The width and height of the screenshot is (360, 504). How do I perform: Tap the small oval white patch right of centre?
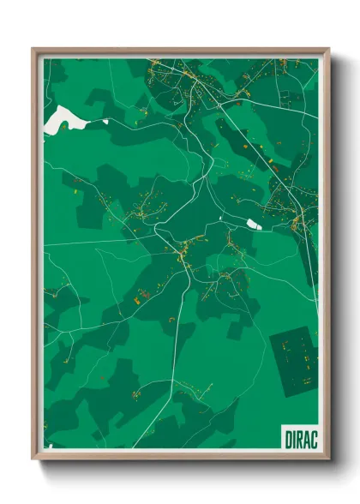tap(255, 224)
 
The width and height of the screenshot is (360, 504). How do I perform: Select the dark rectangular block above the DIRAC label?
tap(293, 360)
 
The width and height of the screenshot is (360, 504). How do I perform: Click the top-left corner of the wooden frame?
tap(33, 49)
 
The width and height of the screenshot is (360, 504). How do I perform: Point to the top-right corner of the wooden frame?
tap(328, 49)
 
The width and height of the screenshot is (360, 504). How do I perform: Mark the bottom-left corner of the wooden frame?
tap(33, 458)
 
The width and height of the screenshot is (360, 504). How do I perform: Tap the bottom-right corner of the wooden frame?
tap(328, 458)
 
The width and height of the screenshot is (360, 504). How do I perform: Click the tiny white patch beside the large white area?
tap(105, 122)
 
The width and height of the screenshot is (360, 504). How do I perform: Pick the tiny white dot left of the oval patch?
tap(221, 220)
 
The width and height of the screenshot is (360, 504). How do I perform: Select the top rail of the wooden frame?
tap(180, 51)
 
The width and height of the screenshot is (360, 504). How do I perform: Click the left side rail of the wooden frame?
tap(36, 257)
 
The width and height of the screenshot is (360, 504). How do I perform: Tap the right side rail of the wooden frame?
tap(327, 257)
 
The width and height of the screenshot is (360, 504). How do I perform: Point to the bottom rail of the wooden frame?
tap(180, 455)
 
